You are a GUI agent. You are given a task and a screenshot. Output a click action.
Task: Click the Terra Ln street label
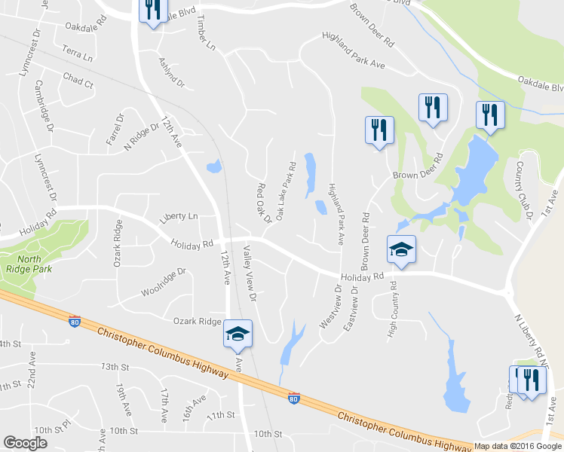click(78, 56)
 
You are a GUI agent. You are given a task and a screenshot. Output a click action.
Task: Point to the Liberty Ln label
click(177, 217)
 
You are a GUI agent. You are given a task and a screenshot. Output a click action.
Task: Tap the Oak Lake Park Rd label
click(285, 190)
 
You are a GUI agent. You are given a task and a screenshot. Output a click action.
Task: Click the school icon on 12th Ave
click(238, 334)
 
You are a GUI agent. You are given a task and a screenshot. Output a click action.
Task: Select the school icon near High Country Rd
click(401, 249)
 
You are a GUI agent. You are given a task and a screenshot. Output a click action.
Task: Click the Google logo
click(25, 443)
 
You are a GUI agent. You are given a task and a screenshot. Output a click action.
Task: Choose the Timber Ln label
click(204, 34)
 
